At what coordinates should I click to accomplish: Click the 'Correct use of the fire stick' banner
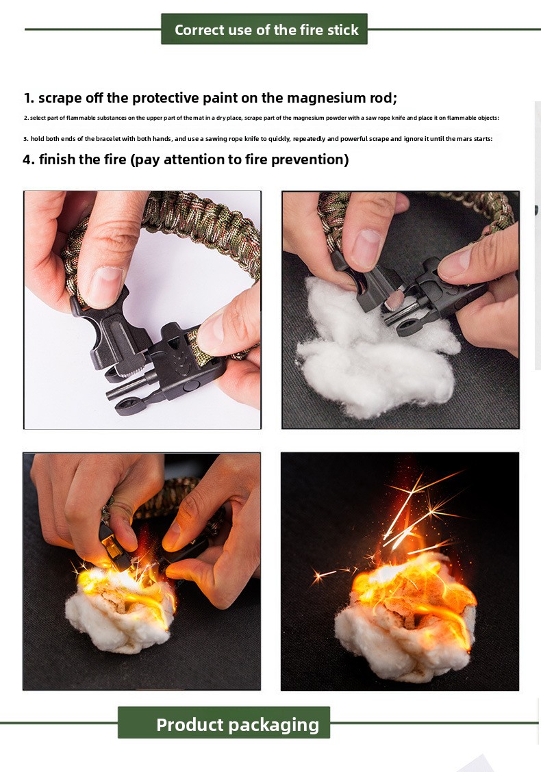[x=264, y=29]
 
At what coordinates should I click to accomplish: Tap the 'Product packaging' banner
[x=224, y=722]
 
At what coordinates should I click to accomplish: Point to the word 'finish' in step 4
[x=57, y=159]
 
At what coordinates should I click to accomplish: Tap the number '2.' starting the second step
[x=26, y=118]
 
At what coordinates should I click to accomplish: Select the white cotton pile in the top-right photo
[x=375, y=350]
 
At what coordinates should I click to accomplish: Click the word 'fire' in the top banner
[x=310, y=29]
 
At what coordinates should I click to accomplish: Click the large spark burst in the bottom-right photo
[x=419, y=512]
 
